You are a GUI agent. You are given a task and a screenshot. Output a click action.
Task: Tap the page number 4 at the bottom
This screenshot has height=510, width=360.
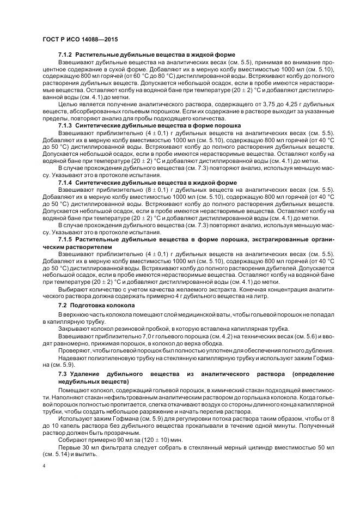click(x=43, y=466)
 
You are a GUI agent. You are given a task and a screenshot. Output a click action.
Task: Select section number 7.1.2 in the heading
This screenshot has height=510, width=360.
click(x=65, y=55)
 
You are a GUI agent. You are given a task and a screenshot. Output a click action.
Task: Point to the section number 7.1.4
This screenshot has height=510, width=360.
click(x=65, y=182)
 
